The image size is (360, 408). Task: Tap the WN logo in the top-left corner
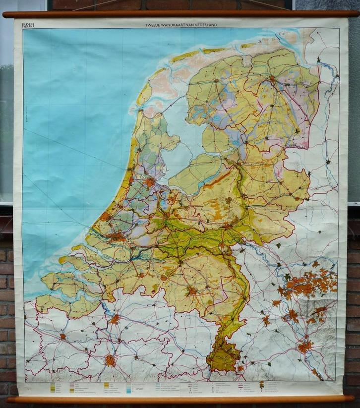28,24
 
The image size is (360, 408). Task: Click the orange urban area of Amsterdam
149,182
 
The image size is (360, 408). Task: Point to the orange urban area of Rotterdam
118,237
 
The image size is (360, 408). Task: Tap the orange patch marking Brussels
110,360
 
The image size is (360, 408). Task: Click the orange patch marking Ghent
63,337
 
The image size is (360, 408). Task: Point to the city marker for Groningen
272,78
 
